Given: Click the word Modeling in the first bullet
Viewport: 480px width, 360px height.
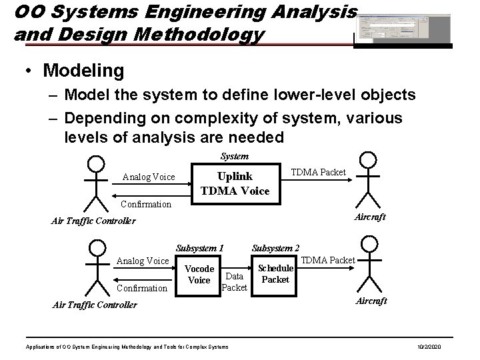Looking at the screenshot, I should coord(83,70).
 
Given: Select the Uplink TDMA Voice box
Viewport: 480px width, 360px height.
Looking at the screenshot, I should coord(235,183).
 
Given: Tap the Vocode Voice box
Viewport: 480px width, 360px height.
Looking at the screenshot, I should coord(199,275).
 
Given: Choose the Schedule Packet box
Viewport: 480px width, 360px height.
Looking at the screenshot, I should coord(275,273).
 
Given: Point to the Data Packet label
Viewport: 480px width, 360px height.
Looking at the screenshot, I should coord(234,281).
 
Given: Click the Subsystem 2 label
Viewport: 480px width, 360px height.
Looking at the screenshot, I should coord(275,248).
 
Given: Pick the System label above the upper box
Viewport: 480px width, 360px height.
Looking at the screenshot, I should coord(235,156).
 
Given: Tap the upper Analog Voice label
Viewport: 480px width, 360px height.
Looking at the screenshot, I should coord(149,177).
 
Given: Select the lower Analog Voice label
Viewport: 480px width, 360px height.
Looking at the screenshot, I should coord(143,261).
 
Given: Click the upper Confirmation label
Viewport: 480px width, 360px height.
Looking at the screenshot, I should coord(145,204).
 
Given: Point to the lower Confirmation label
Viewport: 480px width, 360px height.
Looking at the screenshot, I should coord(142,288).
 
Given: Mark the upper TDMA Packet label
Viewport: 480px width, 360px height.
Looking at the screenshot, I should coord(319,173).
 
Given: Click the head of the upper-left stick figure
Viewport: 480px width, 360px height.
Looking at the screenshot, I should coord(97,163).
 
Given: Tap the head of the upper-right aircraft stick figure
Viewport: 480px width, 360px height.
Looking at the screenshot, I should coord(368,160).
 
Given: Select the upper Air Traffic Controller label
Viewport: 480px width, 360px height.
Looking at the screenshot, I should coord(93,221).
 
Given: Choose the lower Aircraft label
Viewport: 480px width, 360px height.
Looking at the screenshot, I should coord(371,301).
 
